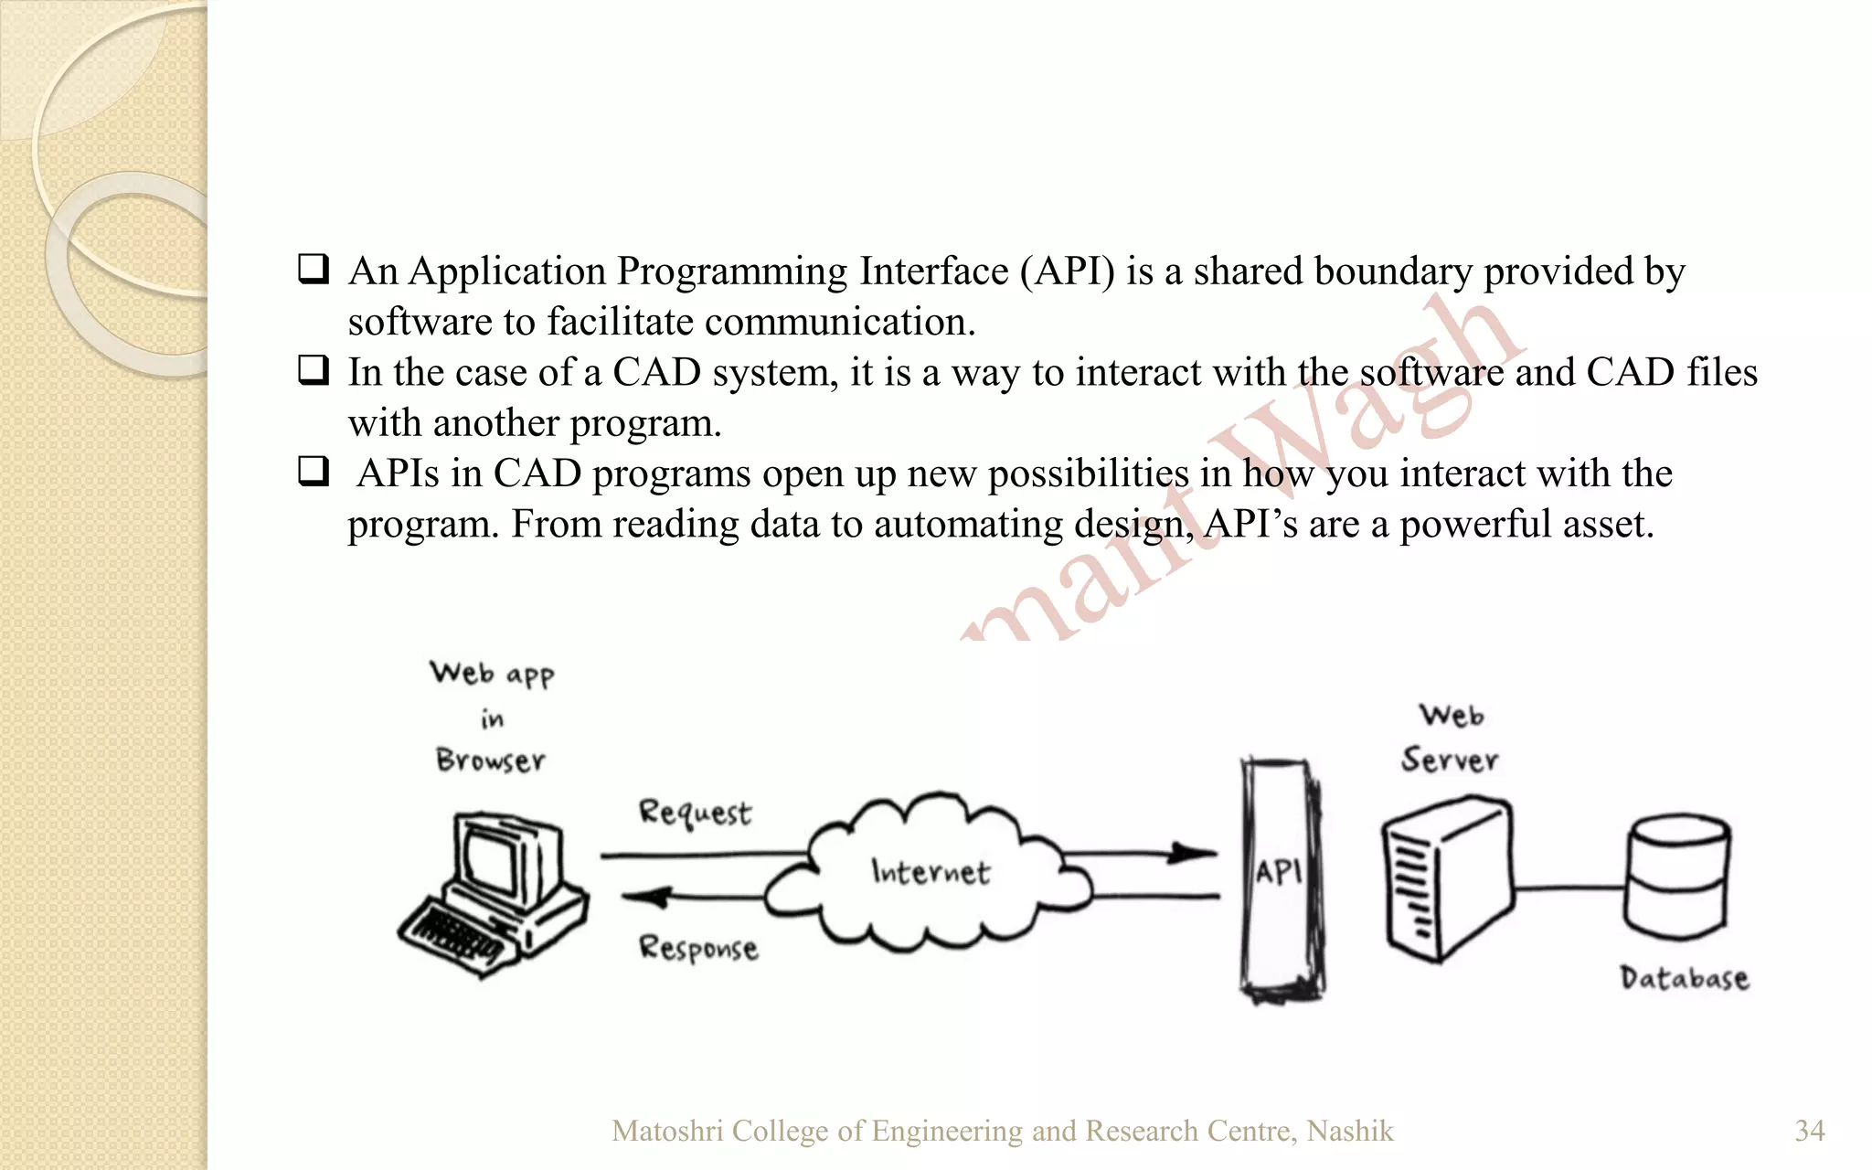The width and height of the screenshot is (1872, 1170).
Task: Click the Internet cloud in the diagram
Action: coord(928,873)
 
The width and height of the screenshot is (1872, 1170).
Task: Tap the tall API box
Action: coord(1280,877)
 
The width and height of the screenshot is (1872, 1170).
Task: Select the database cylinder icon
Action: coord(1676,877)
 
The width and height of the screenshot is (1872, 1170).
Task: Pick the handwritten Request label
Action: coord(695,813)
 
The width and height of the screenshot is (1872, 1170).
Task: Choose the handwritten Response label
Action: coord(698,948)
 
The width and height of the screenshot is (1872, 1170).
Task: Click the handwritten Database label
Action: coord(1684,978)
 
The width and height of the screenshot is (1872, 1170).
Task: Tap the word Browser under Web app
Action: coord(491,760)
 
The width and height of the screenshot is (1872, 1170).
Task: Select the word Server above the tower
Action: coord(1450,760)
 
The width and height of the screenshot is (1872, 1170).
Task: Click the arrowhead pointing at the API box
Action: coord(1193,854)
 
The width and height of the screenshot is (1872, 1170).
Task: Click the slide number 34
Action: coord(1810,1131)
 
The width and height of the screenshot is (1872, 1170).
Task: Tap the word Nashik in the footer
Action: coord(1350,1131)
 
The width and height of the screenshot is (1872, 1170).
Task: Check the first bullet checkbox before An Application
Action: coord(314,270)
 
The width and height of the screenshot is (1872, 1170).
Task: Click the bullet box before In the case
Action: coord(314,371)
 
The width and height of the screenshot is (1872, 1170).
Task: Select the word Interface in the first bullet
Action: coord(933,271)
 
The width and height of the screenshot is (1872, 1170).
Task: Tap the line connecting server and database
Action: coord(1568,887)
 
